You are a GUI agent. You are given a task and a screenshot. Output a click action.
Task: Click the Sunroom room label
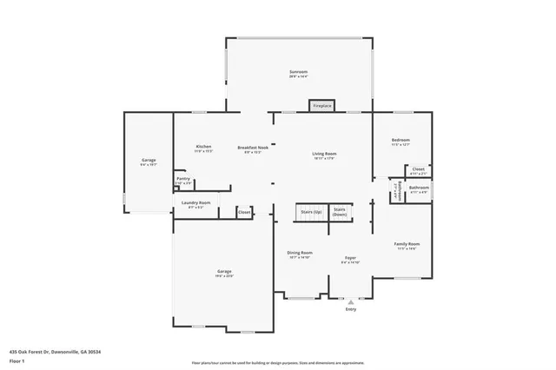click(298, 72)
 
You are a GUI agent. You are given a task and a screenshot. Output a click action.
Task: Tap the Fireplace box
click(321, 106)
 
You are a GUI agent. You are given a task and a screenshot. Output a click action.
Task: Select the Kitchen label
click(203, 147)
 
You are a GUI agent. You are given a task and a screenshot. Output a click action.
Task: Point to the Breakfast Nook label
click(253, 148)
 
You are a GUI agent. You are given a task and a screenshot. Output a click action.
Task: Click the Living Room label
click(324, 155)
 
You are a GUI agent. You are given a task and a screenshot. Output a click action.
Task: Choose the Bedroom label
click(400, 140)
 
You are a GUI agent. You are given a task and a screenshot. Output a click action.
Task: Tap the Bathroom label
click(419, 188)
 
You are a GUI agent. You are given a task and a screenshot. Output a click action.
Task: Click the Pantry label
click(182, 179)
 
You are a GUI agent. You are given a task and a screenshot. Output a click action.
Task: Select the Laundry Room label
click(195, 203)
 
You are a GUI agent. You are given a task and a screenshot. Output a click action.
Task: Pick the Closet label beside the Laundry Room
click(244, 211)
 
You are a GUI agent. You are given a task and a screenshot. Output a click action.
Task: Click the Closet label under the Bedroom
click(418, 168)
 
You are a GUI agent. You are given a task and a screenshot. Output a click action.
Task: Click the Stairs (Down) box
click(340, 211)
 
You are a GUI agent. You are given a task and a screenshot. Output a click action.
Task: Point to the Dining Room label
click(299, 254)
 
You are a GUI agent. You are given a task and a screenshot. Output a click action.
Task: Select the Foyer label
click(350, 258)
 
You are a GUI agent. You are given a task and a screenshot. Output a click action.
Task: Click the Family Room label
click(407, 244)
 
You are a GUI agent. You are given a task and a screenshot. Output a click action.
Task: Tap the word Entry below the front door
click(350, 309)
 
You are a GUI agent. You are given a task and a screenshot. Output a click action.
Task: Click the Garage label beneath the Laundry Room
click(223, 272)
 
